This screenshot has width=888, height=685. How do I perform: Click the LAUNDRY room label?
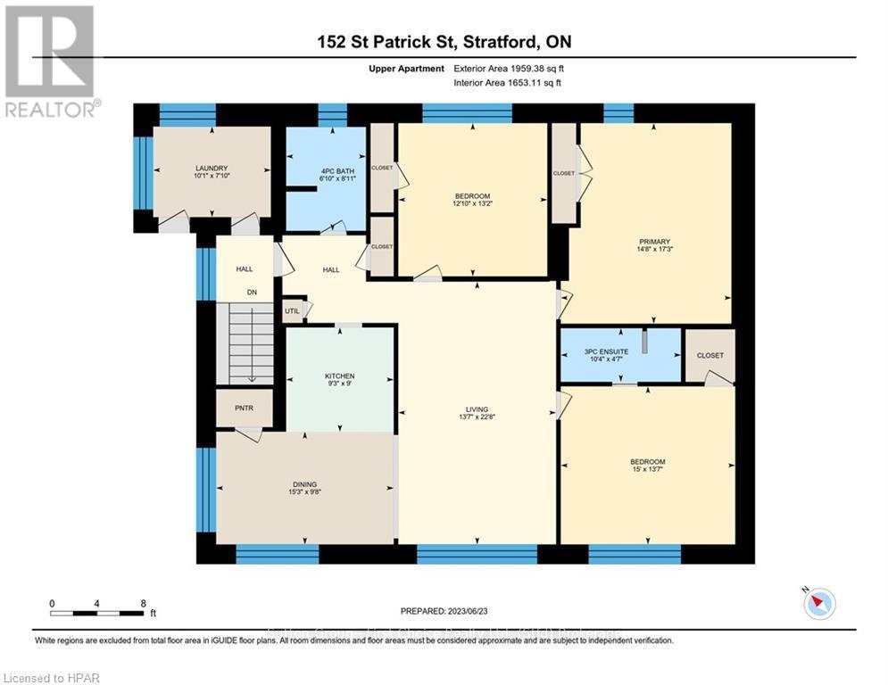tap(212, 168)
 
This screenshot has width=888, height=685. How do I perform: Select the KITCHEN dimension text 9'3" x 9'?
tap(339, 384)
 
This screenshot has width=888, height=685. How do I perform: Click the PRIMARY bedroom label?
tap(654, 241)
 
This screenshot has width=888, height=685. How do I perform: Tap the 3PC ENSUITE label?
tap(606, 351)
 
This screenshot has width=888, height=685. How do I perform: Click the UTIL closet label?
tap(292, 310)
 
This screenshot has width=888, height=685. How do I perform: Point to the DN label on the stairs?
tap(253, 292)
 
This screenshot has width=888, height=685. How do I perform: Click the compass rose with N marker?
tap(818, 604)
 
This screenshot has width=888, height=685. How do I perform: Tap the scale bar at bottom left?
tap(97, 612)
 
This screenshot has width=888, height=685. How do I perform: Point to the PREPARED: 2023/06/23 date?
tap(444, 610)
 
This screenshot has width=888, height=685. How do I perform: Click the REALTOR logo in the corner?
tap(50, 61)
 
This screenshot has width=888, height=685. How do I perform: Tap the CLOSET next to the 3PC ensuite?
tap(710, 355)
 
